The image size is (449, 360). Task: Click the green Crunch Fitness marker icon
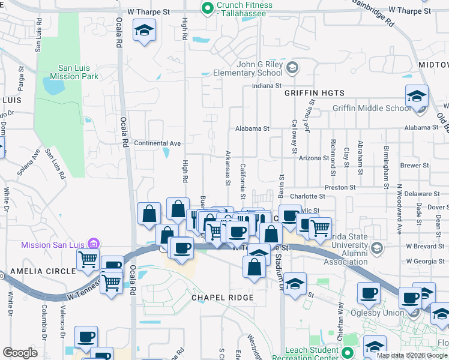pyautogui.click(x=208, y=8)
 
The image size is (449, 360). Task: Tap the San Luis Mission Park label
pyautogui.click(x=78, y=73)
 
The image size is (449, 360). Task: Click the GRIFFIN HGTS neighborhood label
pyautogui.click(x=315, y=93)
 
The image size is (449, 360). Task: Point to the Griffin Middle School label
pyautogui.click(x=372, y=109)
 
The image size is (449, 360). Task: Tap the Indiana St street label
pyautogui.click(x=267, y=86)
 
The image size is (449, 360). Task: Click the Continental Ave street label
pyautogui.click(x=157, y=143)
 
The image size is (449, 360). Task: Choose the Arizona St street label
pyautogui.click(x=314, y=158)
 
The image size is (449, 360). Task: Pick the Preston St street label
pyautogui.click(x=340, y=188)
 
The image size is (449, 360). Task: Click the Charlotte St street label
pyautogui.click(x=307, y=196)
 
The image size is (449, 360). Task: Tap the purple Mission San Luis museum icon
pyautogui.click(x=93, y=244)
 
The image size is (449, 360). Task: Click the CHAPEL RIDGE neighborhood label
pyautogui.click(x=223, y=298)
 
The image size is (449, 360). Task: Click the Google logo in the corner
pyautogui.click(x=20, y=353)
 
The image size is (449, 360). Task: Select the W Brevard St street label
pyautogui.click(x=425, y=246)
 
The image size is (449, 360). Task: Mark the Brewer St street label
pyautogui.click(x=414, y=165)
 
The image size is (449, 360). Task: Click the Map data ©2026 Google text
pyautogui.click(x=411, y=355)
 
